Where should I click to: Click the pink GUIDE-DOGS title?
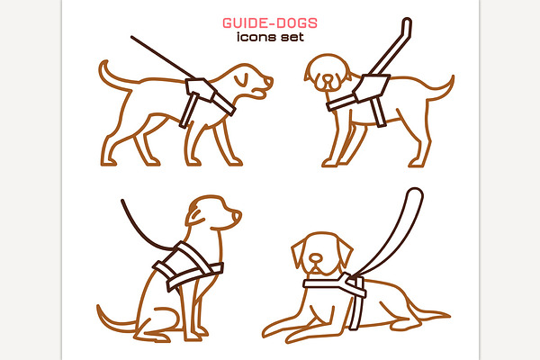(270, 23)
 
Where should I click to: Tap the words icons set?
(270, 37)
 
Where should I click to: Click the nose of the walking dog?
(268, 81)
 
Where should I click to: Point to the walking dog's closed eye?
(241, 80)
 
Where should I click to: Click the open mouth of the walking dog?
(260, 93)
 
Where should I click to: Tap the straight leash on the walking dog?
(163, 58)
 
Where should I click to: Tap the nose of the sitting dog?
(237, 216)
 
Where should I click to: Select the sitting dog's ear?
(195, 214)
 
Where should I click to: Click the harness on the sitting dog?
(188, 266)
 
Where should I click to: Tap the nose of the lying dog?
(316, 257)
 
